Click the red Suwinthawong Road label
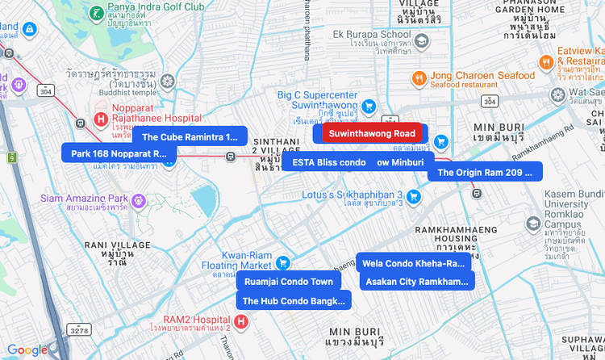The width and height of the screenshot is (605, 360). point(372,133)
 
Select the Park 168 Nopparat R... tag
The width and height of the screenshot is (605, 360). point(118,153)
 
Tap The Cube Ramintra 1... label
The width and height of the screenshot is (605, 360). point(190,136)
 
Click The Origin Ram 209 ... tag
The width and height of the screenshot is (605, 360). point(484,172)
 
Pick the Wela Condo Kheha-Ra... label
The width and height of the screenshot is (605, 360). point(413,263)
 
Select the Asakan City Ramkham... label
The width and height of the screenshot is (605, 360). point(416,282)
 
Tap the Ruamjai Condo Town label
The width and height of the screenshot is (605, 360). point(288,282)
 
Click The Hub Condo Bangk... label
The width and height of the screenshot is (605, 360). point(293,301)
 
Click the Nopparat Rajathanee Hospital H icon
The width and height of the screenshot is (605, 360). point(101,119)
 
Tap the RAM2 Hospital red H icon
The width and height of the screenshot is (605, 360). point(240,322)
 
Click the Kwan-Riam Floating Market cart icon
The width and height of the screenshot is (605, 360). point(282,262)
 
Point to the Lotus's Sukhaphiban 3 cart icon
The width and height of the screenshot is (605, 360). point(413,195)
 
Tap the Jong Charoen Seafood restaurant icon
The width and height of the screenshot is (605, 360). point(419,78)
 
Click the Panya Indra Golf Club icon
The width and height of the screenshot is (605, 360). point(96,13)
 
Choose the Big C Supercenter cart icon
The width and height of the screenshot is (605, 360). point(368,106)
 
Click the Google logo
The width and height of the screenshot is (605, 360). point(27,350)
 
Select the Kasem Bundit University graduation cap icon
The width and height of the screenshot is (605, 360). point(532,224)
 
